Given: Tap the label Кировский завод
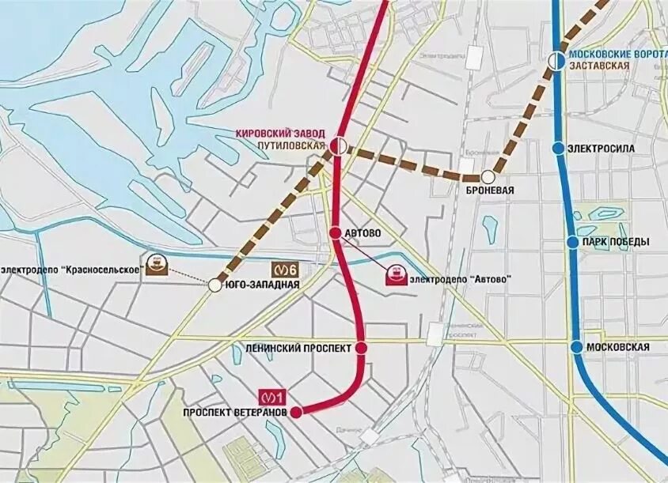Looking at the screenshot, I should pyautogui.click(x=282, y=134).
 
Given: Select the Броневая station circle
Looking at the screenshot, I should pyautogui.click(x=488, y=176).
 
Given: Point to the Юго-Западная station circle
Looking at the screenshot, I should pyautogui.click(x=214, y=285).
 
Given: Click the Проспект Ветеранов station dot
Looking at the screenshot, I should pyautogui.click(x=296, y=411).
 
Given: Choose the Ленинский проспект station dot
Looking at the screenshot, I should pyautogui.click(x=361, y=348).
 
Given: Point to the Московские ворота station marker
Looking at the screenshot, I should pyautogui.click(x=557, y=61).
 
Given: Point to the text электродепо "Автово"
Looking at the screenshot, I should pyautogui.click(x=458, y=279).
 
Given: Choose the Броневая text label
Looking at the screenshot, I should pyautogui.click(x=490, y=192).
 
